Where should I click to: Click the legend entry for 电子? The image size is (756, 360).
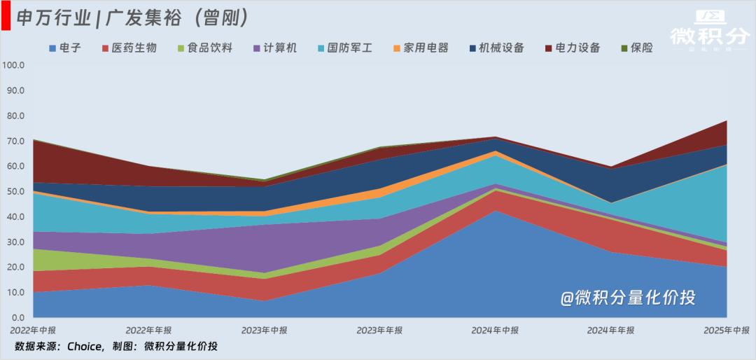[66, 48]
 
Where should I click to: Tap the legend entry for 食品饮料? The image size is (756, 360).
[204, 48]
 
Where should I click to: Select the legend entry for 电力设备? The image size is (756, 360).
[573, 48]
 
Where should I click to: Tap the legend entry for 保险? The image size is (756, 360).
[637, 48]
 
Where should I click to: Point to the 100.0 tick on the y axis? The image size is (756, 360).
[13, 65]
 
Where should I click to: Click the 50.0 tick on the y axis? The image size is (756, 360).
[15, 191]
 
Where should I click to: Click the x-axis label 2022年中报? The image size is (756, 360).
[33, 330]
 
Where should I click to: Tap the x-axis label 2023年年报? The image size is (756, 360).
[379, 330]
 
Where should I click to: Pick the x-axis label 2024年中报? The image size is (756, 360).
[495, 330]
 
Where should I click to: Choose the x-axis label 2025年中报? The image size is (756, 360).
[726, 330]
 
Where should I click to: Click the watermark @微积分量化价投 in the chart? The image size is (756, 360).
[627, 298]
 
